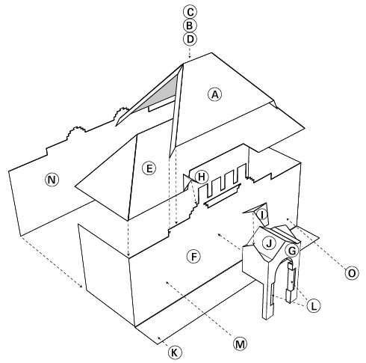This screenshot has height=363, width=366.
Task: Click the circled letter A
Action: click(x=214, y=94)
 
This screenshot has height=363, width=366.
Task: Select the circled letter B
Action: click(x=190, y=25)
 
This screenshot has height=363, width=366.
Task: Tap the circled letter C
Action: click(x=190, y=12)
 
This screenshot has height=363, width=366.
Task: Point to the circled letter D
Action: click(x=190, y=39)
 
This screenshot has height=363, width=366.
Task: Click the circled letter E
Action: click(x=149, y=168)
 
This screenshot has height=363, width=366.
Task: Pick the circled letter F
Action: click(x=193, y=257)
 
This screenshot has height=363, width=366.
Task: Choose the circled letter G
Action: click(x=292, y=250)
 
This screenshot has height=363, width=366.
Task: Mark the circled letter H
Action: click(x=201, y=177)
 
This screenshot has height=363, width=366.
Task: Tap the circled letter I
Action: click(x=263, y=215)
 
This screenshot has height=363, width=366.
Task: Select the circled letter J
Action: click(x=269, y=242)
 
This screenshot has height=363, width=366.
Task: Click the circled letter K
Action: click(x=175, y=353)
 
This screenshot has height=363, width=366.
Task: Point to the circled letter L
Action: click(x=314, y=305)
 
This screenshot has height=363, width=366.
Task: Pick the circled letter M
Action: click(x=240, y=344)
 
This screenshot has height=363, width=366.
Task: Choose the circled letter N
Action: click(x=52, y=180)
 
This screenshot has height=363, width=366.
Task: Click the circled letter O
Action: click(x=352, y=273)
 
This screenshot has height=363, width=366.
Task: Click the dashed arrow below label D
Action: click(x=190, y=52)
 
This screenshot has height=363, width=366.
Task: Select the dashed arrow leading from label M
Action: click(x=199, y=308)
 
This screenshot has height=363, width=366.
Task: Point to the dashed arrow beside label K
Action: click(x=163, y=341)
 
